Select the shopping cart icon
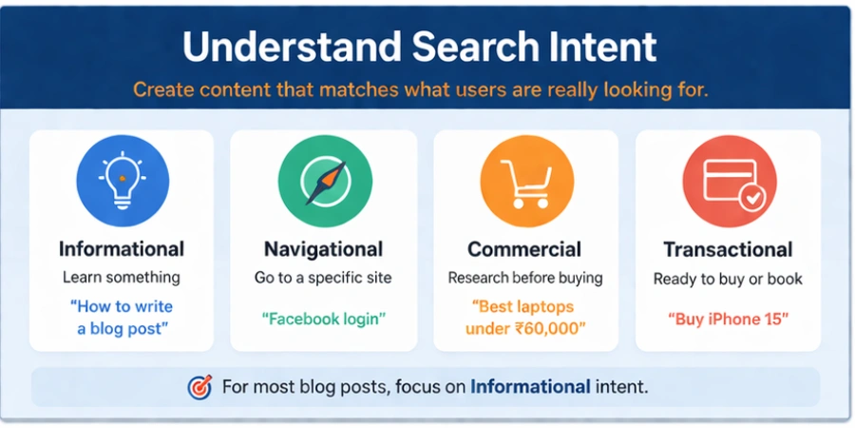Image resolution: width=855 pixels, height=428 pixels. coord(525,181)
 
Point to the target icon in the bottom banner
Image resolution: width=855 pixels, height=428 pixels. coord(199,387)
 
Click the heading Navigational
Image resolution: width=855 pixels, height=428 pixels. coord(324,249)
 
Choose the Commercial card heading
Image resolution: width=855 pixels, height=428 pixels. coord(524,249)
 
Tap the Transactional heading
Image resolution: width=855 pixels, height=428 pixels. coord(728,249)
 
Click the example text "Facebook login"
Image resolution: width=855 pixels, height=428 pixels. coord(324,319)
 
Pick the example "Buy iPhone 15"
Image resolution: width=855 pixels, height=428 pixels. coord(728,319)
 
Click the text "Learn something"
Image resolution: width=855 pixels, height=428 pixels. coord(122,278)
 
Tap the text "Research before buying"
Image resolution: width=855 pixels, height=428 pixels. coord(525,278)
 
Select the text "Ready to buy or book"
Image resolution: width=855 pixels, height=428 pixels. coord(728,279)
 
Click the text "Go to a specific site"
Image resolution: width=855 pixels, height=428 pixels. coord(324,278)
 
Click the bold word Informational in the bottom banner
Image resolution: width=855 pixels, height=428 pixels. coord(530,387)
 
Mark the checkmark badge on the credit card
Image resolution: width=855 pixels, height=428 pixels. coord(751,197)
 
